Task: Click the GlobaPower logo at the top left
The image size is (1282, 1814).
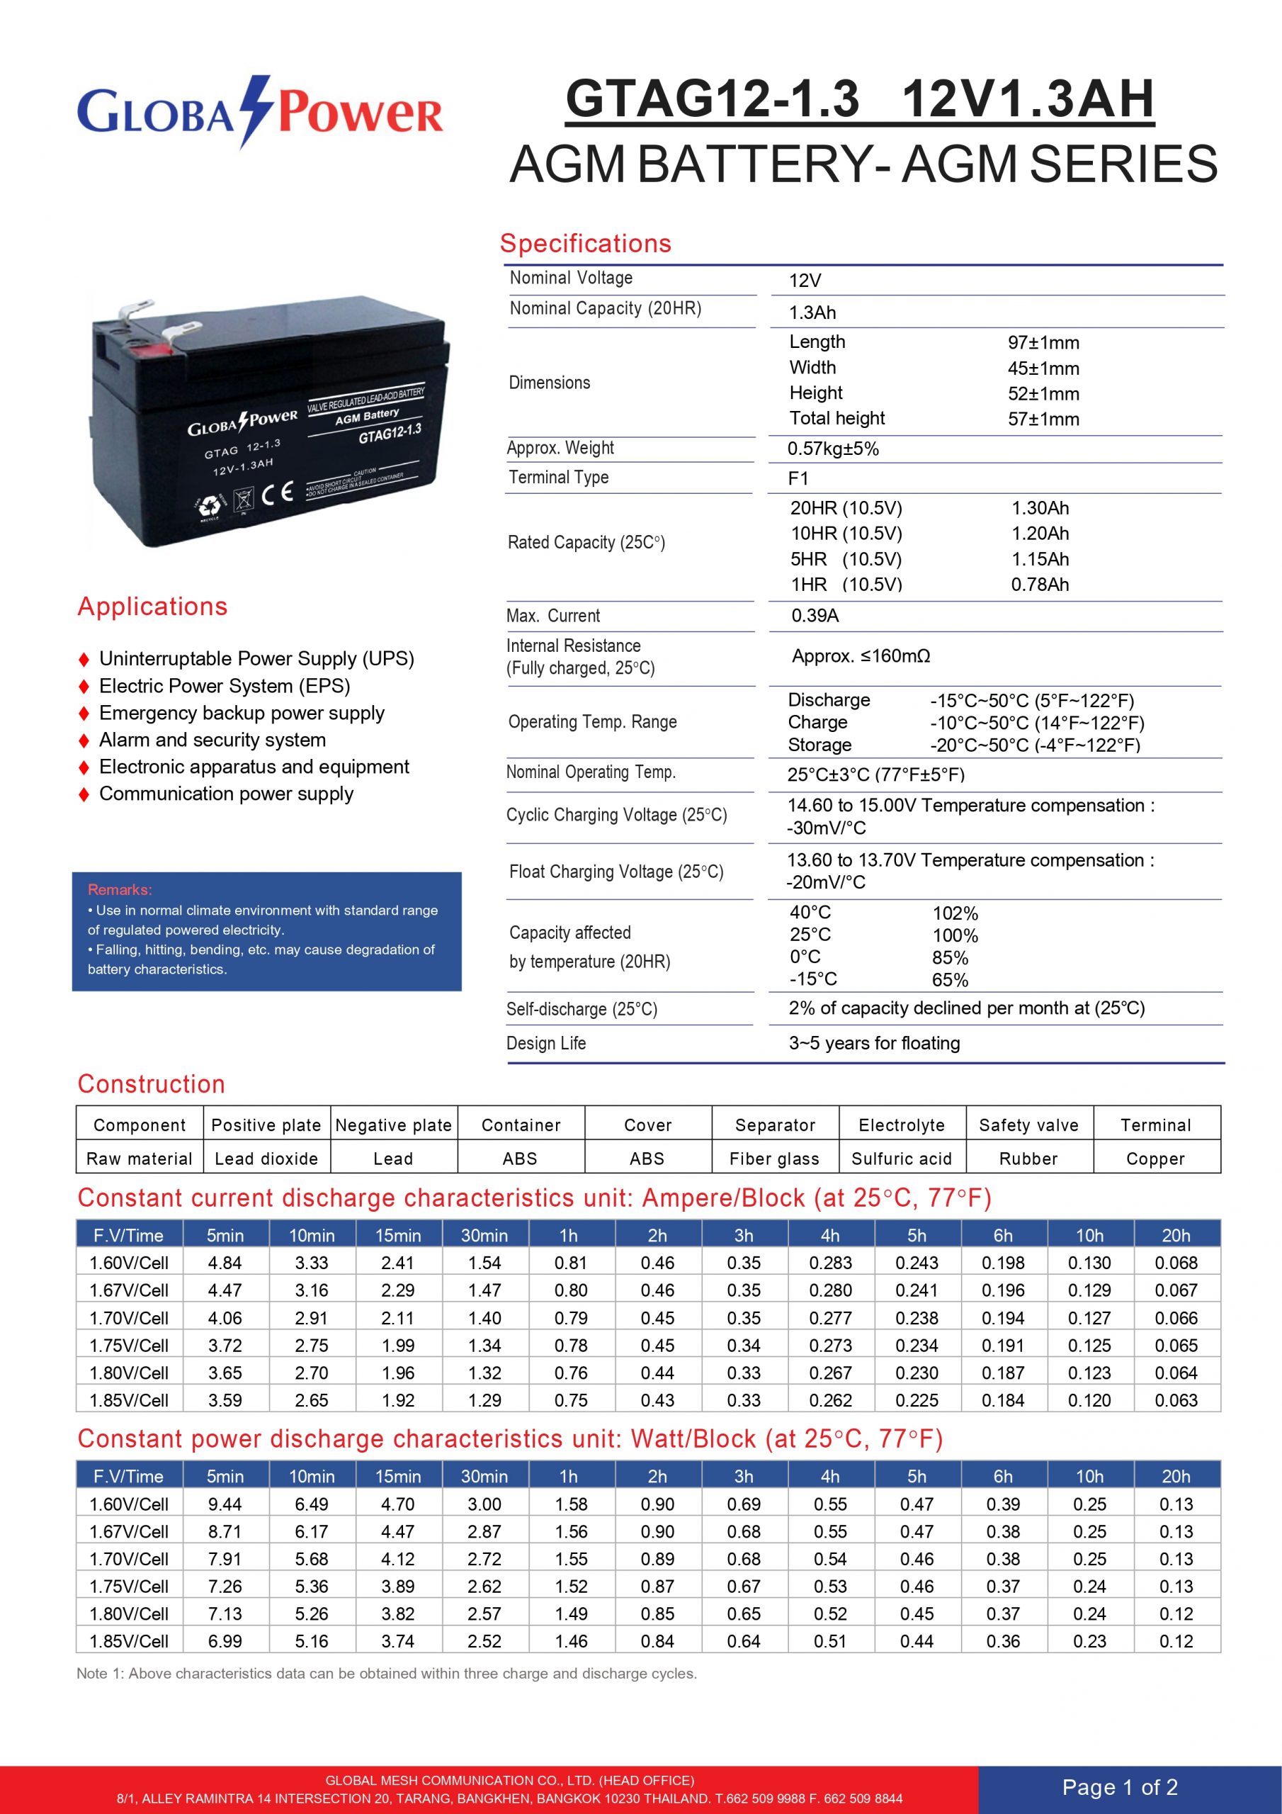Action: tap(259, 112)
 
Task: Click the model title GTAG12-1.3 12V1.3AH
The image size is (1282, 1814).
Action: tap(859, 99)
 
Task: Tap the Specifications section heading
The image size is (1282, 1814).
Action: tap(585, 243)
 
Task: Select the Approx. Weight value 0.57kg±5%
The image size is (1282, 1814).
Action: tap(832, 449)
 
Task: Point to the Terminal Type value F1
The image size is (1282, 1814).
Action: tap(798, 478)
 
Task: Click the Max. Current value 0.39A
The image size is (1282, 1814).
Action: tap(815, 616)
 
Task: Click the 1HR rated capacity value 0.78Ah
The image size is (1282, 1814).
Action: tap(1040, 585)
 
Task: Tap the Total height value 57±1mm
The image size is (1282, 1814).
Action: tap(1043, 419)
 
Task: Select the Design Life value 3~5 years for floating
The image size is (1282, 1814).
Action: tap(873, 1043)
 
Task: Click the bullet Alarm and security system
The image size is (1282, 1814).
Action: tap(212, 740)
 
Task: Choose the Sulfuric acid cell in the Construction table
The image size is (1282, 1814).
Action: tap(901, 1159)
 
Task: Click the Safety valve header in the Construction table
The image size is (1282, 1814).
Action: tap(1028, 1125)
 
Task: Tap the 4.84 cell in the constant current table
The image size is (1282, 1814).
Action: tap(225, 1263)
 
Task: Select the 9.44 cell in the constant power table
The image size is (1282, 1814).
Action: tap(225, 1504)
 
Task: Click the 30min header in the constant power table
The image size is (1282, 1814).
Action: tap(484, 1476)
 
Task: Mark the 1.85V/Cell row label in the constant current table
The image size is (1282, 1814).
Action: tap(129, 1400)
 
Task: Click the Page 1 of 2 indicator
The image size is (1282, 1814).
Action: tap(1119, 1787)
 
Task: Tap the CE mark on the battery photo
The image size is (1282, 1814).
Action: tap(277, 494)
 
